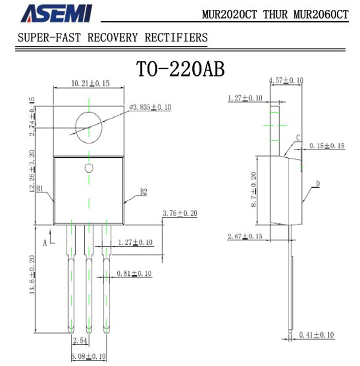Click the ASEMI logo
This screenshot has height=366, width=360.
[57, 13]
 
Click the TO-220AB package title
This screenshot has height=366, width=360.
[180, 69]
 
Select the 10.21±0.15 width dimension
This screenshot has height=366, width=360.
[91, 83]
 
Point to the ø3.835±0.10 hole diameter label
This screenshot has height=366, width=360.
[150, 107]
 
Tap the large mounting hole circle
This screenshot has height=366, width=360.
[89, 127]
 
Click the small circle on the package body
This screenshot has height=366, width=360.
[89, 168]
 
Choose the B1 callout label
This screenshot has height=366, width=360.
[40, 188]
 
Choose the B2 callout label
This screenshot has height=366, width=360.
[143, 192]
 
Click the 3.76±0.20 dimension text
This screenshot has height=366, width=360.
[180, 213]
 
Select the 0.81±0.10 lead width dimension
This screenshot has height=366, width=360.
[134, 273]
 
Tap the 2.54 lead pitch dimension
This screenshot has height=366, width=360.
[80, 341]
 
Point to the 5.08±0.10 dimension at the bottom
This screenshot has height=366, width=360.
[88, 357]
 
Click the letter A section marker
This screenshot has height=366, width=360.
[45, 243]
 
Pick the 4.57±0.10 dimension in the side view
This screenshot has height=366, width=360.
[286, 81]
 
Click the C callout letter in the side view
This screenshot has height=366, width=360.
[298, 138]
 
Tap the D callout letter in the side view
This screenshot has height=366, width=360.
[318, 184]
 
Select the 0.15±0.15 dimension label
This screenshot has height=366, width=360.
[327, 146]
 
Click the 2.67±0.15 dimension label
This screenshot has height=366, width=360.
[245, 236]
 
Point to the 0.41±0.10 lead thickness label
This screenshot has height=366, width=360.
[317, 335]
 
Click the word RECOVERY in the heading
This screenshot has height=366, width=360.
[113, 38]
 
